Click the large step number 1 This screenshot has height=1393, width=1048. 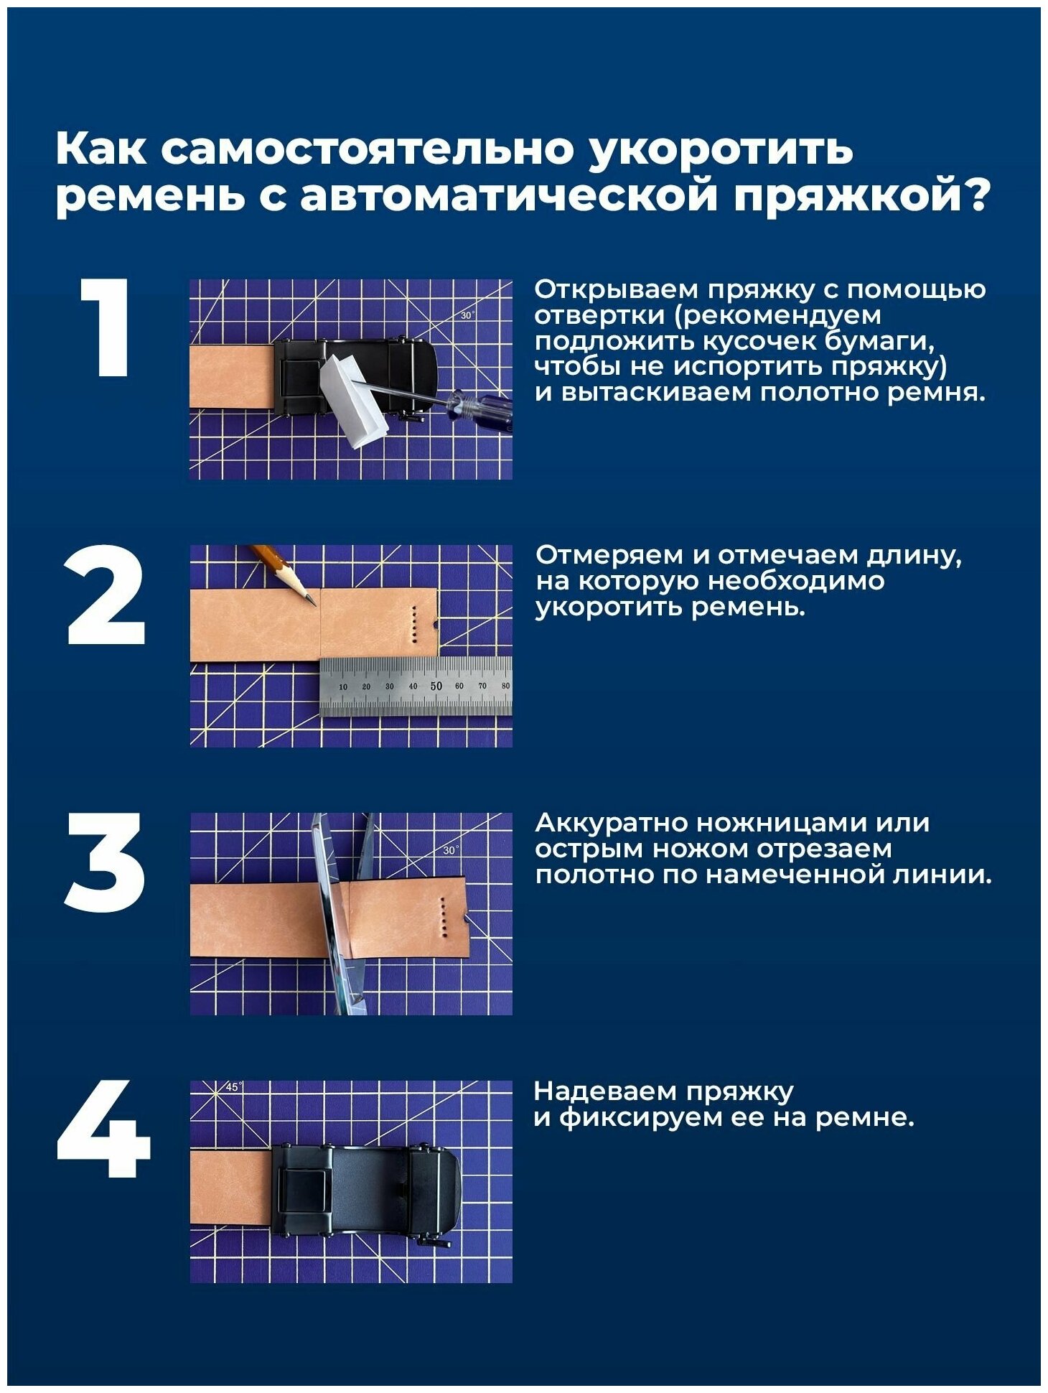point(107,327)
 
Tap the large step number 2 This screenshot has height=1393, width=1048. point(106,595)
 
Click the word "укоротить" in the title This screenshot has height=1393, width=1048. point(721,149)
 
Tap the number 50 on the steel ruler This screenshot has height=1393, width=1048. point(436,686)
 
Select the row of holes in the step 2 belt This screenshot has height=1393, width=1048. point(414,621)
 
